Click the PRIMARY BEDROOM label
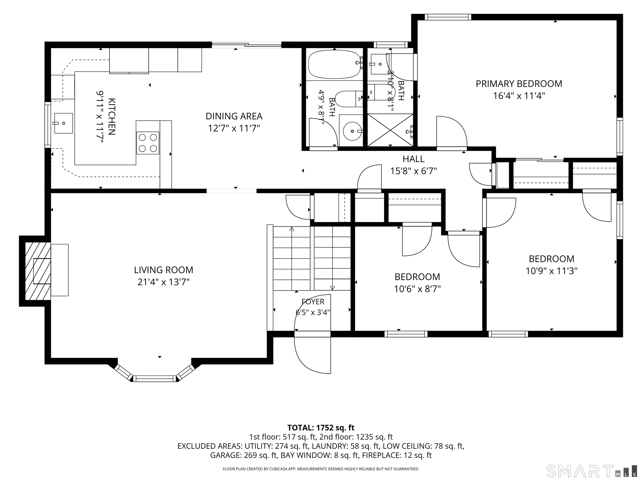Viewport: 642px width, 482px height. click(x=519, y=84)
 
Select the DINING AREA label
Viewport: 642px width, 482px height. click(x=234, y=116)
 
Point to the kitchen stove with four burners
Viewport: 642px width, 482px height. click(x=148, y=143)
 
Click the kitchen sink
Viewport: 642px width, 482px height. click(x=63, y=123)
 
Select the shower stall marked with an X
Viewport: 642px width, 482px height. click(x=390, y=130)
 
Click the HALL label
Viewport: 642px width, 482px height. click(x=414, y=159)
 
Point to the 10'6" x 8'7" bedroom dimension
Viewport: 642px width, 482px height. click(x=417, y=289)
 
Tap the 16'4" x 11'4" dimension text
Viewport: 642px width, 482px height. click(x=519, y=96)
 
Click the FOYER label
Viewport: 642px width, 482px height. click(x=313, y=302)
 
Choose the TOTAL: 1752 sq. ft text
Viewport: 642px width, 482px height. click(x=321, y=428)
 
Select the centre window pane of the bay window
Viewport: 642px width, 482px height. click(x=155, y=379)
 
